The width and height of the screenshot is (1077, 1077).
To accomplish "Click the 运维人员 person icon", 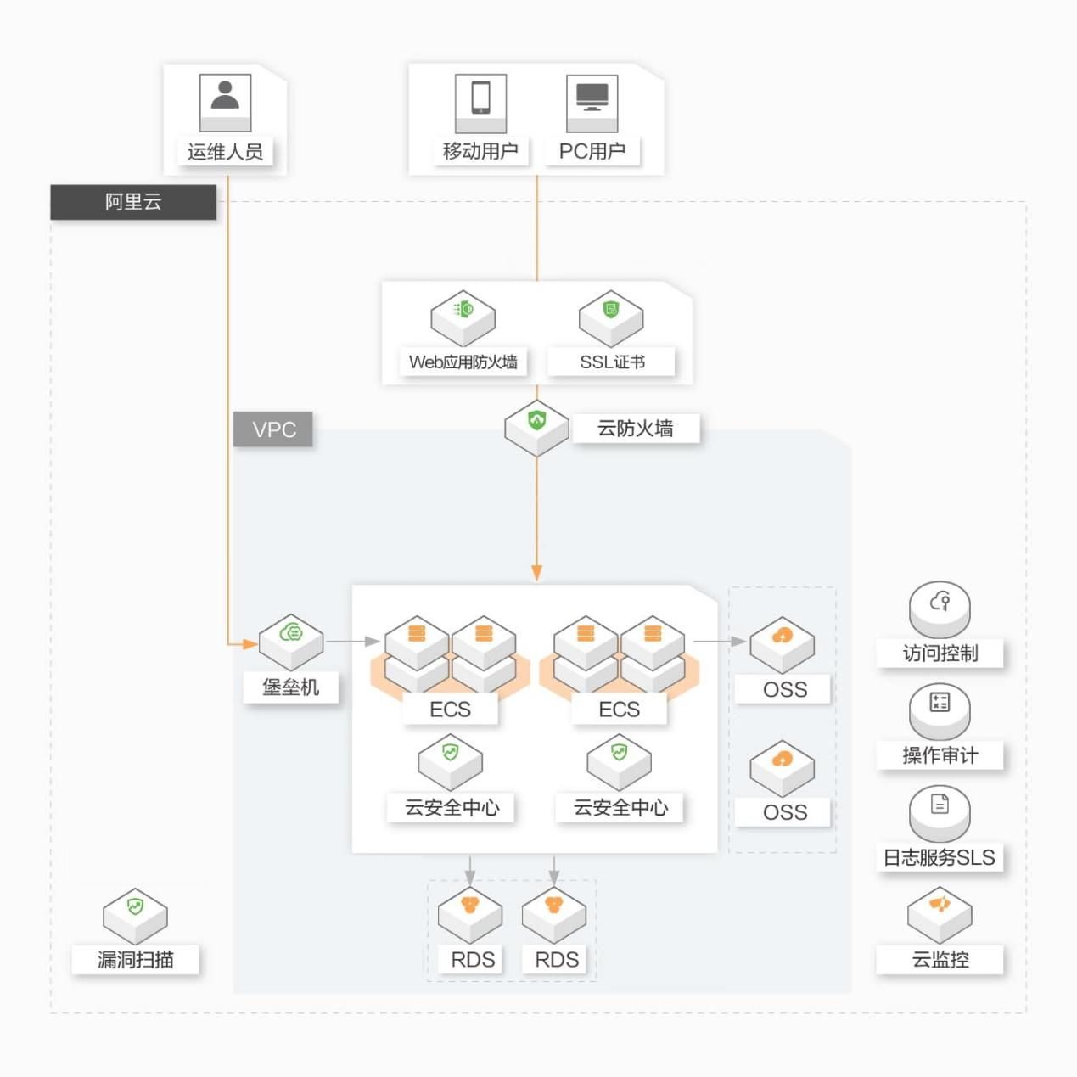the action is [225, 103].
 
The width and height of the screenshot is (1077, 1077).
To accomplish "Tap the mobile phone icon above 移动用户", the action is [480, 103].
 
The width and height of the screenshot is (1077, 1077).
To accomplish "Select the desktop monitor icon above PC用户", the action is [592, 103].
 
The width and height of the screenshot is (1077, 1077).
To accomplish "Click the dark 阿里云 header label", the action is [133, 202].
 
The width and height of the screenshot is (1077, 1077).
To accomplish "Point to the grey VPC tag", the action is [272, 429].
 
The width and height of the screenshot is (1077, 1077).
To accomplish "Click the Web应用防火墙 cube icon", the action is [463, 318].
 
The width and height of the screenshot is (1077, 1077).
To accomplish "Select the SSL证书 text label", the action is [612, 362].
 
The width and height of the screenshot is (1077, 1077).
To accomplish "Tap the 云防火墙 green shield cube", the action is [536, 428].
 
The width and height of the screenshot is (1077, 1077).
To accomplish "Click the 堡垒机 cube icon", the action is [290, 642].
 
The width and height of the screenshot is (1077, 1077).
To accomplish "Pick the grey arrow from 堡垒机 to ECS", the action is [353, 641].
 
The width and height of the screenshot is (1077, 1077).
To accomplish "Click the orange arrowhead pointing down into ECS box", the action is [536, 573].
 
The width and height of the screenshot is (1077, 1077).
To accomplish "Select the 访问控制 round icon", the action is [940, 609].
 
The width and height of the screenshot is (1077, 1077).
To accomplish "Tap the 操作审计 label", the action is [940, 755].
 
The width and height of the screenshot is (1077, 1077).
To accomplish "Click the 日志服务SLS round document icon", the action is [940, 813].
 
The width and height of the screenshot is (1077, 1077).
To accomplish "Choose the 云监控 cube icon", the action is [940, 915].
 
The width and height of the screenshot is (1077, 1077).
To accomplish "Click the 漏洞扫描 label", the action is [135, 959].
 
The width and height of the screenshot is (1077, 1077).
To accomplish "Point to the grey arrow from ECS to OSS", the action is [720, 641].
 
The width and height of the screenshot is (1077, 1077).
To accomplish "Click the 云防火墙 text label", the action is [636, 428].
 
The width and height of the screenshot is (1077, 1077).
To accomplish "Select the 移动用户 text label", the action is [480, 151].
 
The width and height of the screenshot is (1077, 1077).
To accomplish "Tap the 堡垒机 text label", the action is [290, 687].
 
